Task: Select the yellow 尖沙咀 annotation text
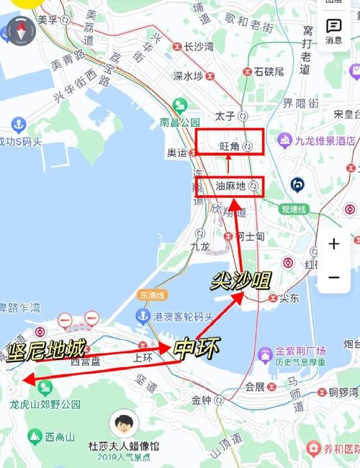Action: tap(240, 279)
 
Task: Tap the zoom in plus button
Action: tap(334, 244)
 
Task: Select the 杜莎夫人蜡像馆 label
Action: tap(125, 446)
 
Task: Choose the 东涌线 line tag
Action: tap(153, 294)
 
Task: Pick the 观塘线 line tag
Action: tap(294, 210)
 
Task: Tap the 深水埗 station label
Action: tap(188, 76)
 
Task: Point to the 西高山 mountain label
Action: tap(60, 436)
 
